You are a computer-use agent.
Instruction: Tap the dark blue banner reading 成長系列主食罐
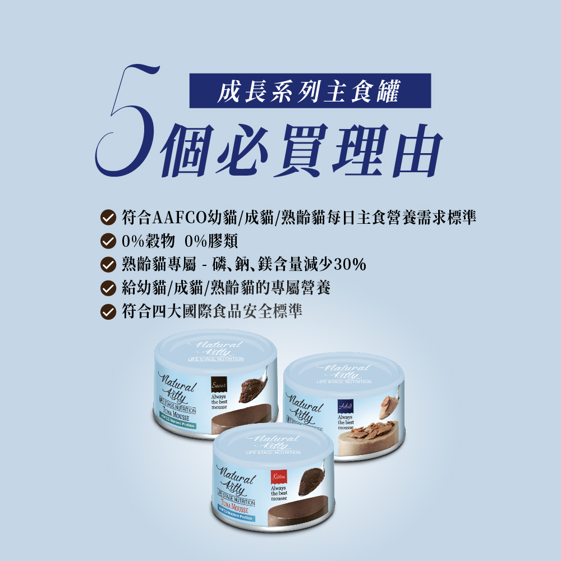pyautogui.click(x=310, y=90)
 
